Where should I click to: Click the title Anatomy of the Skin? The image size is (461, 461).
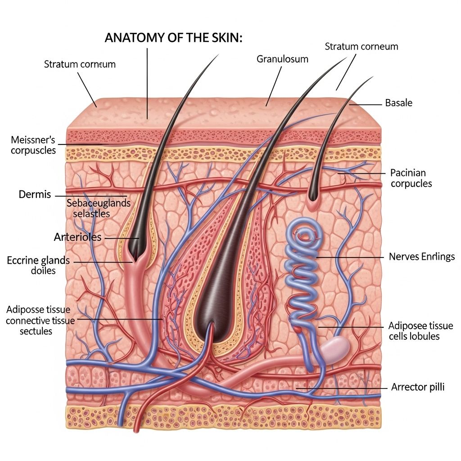click(173, 38)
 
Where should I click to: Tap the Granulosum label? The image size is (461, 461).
click(282, 59)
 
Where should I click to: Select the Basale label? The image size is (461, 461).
click(398, 103)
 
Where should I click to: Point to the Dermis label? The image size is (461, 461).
click(35, 195)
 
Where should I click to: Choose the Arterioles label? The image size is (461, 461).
click(77, 237)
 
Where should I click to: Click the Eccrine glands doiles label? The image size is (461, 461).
click(38, 265)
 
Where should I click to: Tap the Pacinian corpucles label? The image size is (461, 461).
click(411, 178)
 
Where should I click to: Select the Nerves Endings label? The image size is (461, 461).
click(421, 257)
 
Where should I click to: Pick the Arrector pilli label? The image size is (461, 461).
click(418, 387)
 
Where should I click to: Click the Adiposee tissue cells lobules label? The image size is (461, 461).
click(420, 331)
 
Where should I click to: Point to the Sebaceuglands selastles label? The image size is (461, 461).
click(98, 208)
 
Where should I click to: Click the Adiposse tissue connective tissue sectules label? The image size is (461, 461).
click(38, 320)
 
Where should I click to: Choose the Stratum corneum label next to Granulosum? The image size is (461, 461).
click(361, 46)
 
